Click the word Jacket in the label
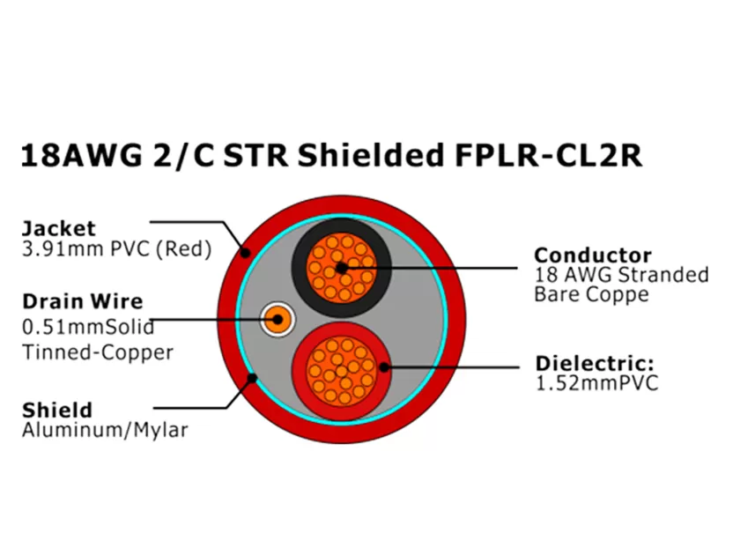pos(59,228)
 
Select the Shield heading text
pos(57,410)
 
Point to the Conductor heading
pos(593,255)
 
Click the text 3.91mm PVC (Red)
pos(116,249)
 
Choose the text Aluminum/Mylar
pos(105,430)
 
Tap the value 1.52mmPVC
pos(596,384)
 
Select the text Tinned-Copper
pos(98,352)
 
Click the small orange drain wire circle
pos(277,319)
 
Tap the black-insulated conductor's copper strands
pos(342,266)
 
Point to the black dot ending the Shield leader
pos(253,379)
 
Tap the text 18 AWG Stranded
pos(621,275)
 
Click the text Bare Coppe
pos(590,294)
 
